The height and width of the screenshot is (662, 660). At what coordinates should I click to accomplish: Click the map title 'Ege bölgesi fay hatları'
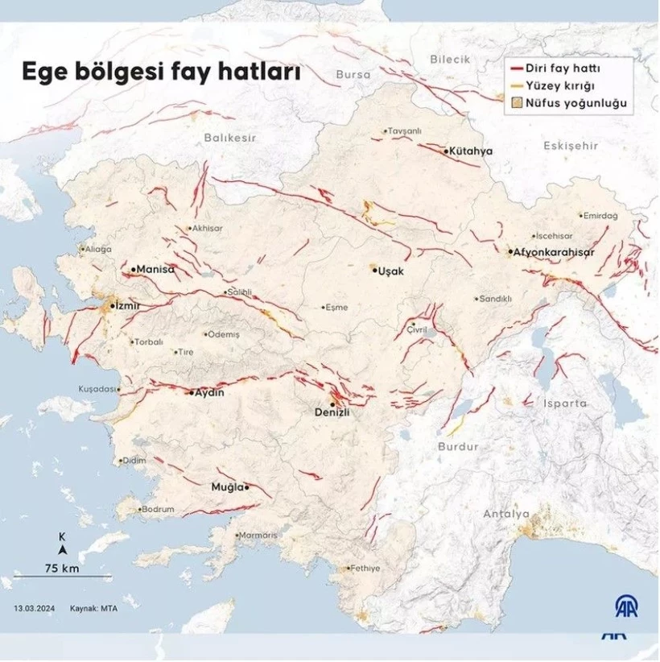pos(161,72)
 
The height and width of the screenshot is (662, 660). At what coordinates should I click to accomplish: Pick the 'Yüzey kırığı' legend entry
pos(559,85)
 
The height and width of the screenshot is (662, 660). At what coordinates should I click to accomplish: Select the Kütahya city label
pos(471,151)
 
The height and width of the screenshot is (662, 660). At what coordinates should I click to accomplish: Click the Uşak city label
pos(390,271)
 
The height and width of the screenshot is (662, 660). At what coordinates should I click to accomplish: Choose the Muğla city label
pos(227,487)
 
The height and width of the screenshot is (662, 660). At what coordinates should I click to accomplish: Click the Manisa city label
pos(155,269)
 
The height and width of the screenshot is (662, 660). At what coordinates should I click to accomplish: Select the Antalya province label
pos(505,514)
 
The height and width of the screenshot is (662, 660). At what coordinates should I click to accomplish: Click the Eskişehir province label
pos(571,146)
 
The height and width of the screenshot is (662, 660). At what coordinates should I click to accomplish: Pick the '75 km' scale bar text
pos(61,568)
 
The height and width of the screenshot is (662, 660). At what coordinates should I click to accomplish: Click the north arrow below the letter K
pos(62,550)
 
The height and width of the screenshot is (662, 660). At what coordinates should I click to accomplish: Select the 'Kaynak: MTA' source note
pos(93,608)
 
